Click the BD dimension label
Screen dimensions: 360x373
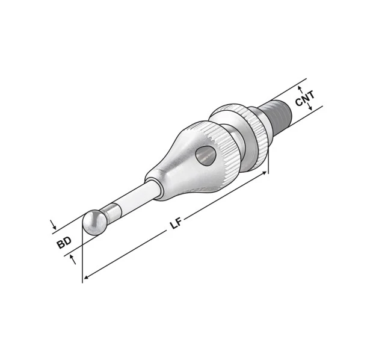[x=64, y=243]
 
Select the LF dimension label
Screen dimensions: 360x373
[x=175, y=225]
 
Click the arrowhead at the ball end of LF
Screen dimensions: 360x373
[x=86, y=277]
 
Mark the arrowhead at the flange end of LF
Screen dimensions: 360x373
[x=264, y=173]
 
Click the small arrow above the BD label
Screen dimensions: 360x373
[x=54, y=228]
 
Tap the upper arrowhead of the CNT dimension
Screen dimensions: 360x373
[x=298, y=88]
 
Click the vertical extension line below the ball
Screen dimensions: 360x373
[x=82, y=259]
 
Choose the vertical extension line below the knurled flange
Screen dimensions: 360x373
[x=268, y=160]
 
